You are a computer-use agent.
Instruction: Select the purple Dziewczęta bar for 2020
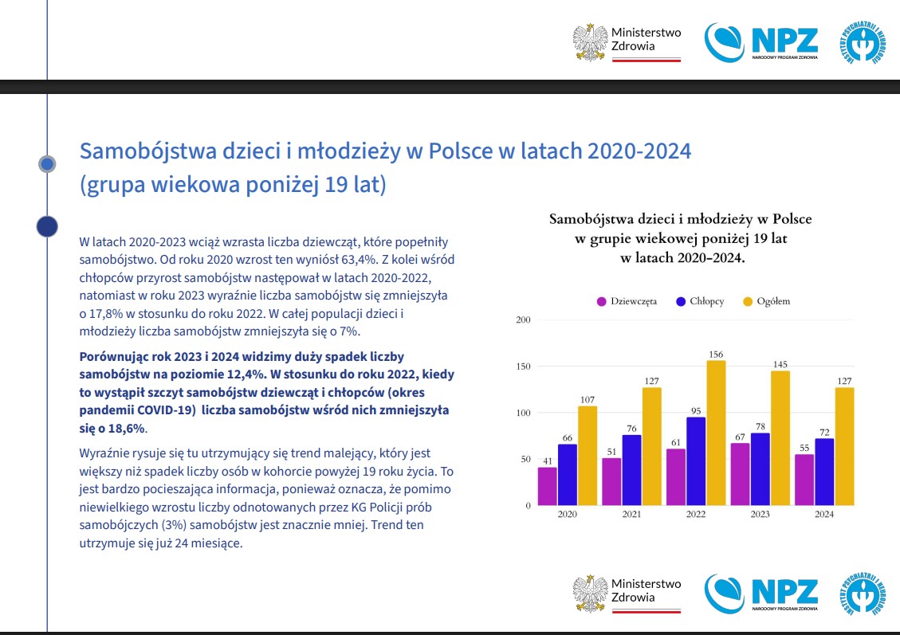(x=548, y=486)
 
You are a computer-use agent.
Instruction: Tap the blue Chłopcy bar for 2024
(x=824, y=472)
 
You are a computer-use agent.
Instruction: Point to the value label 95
(x=695, y=410)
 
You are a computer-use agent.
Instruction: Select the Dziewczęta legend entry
(x=627, y=301)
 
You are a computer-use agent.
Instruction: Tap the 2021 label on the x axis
(x=631, y=515)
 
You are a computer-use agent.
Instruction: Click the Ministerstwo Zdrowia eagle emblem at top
(x=590, y=42)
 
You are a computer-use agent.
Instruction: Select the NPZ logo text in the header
(x=784, y=39)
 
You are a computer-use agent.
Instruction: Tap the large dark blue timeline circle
(x=47, y=226)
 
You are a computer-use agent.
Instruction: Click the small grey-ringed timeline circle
(x=47, y=163)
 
